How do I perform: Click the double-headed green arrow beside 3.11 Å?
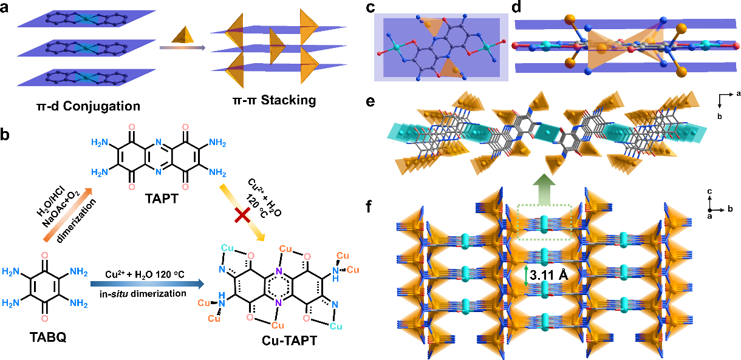tap(526, 274)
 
